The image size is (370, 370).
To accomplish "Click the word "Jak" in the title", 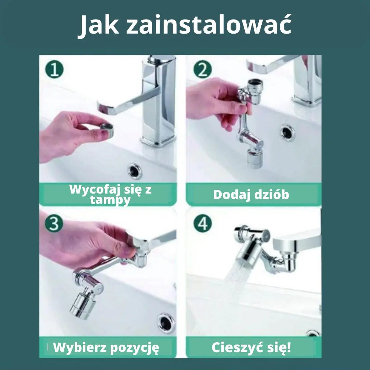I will [99, 25].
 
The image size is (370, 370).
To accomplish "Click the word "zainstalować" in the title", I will [209, 25].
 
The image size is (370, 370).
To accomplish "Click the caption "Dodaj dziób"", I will [251, 195].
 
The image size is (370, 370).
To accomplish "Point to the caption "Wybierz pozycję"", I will [106, 348].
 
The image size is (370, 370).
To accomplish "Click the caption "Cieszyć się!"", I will [251, 347].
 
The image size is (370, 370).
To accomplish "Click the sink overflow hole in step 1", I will [135, 171].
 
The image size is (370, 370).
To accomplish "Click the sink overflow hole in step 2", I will [287, 132].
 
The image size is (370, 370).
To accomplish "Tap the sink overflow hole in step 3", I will [166, 322].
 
